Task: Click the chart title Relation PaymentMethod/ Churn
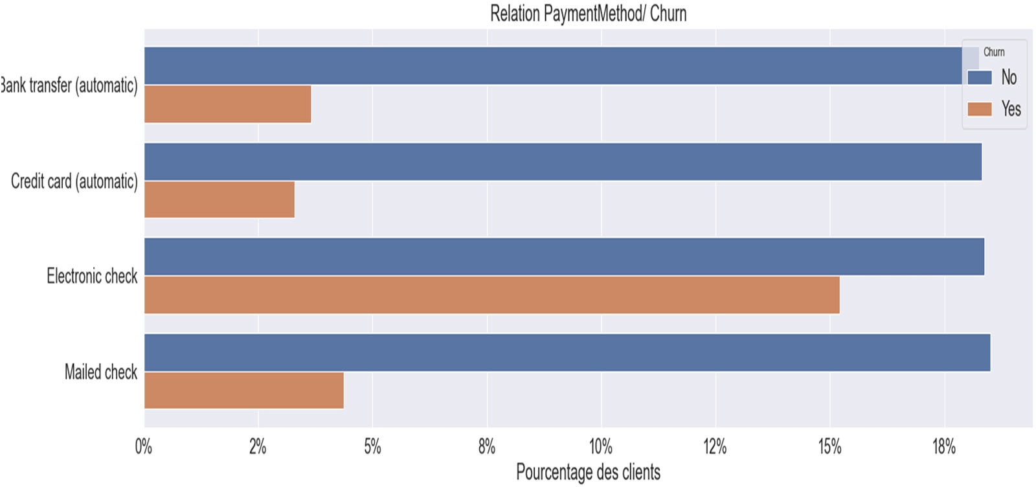587,14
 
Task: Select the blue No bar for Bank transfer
550,65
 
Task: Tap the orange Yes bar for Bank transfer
227,104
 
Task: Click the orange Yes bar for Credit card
219,199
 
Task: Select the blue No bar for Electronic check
563,256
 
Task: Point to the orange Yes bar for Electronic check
491,295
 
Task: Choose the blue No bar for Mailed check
567,352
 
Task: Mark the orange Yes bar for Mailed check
243,391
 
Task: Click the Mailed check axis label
101,372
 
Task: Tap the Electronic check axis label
92,277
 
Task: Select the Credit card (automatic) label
74,181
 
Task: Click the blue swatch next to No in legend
979,78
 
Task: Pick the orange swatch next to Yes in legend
979,109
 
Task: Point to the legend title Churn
993,52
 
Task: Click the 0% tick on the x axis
144,447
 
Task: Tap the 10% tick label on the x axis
600,447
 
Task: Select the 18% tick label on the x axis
943,447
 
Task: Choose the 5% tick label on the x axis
372,447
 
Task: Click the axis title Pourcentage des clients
587,472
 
